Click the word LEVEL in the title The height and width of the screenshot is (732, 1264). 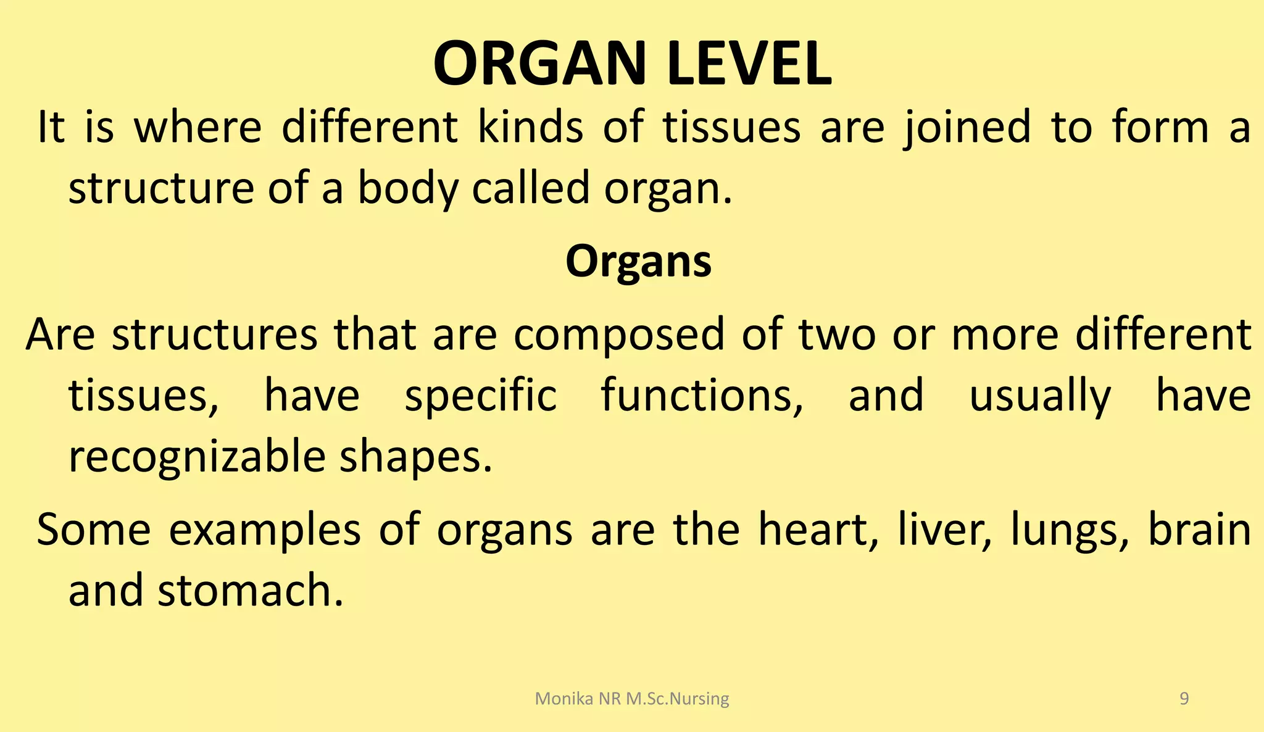point(749,64)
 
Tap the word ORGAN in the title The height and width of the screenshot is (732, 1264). point(538,64)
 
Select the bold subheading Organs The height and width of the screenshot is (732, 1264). point(638,262)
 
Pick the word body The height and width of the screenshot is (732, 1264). point(408,189)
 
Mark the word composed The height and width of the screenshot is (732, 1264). point(618,335)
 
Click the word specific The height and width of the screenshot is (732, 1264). point(481,396)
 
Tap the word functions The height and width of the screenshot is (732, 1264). point(702,396)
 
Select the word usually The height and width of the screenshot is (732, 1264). point(1040,397)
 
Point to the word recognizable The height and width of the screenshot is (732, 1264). point(197,457)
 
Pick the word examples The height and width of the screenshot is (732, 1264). point(264,531)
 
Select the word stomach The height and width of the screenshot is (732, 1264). point(250,590)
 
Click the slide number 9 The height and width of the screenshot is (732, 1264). point(1184,699)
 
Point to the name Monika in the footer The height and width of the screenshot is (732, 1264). point(559,699)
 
